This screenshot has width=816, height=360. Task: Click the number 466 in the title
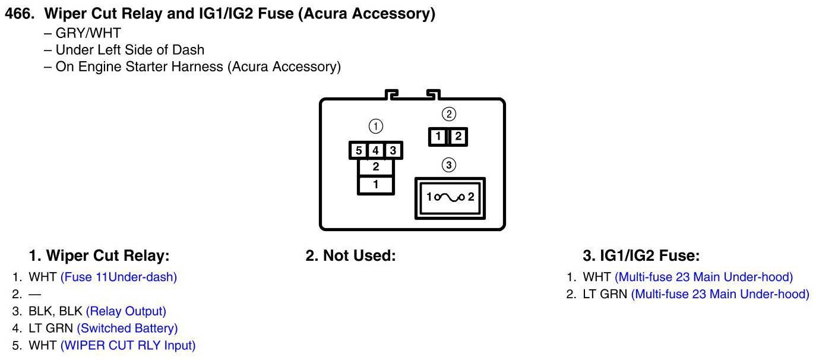point(19,15)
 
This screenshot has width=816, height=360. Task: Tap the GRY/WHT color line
point(88,33)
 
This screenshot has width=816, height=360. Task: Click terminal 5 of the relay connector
point(358,151)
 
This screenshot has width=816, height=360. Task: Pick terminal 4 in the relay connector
point(375,151)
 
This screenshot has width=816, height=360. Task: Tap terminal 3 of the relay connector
point(393,151)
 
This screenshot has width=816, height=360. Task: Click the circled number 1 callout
point(375,126)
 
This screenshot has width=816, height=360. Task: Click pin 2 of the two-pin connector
point(457,137)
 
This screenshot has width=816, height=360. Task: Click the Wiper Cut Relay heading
point(99,256)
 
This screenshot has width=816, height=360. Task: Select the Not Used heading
point(350,256)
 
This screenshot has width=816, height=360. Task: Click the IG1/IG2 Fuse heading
point(641,256)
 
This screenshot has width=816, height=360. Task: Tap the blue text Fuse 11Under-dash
point(119,277)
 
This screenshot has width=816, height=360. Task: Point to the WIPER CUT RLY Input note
point(128,345)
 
